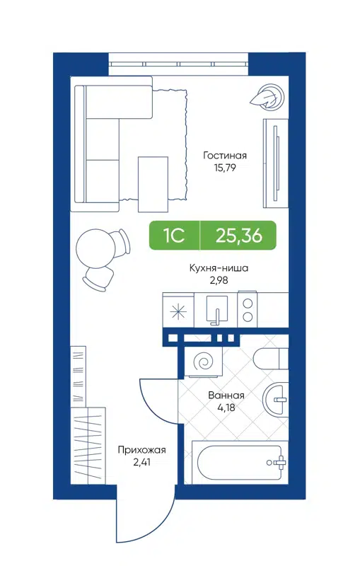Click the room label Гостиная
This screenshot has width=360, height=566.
click(224, 156)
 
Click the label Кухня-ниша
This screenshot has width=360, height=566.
click(219, 268)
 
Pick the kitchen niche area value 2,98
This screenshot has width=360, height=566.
click(219, 281)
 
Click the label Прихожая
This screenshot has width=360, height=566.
click(141, 450)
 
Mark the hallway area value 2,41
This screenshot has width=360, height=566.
click(141, 463)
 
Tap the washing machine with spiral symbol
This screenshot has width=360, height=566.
click(203, 363)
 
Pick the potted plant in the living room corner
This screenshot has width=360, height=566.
click(269, 96)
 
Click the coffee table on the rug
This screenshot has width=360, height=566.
click(153, 183)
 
